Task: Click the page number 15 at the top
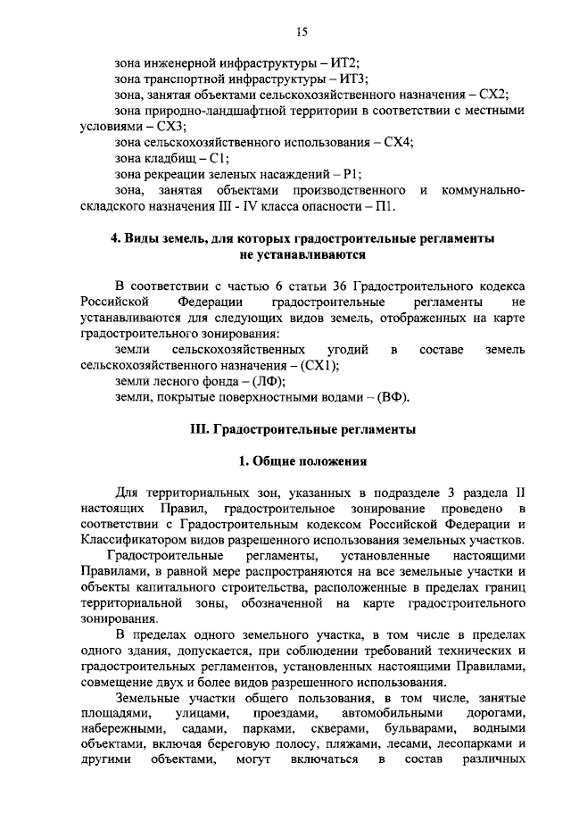click(x=301, y=32)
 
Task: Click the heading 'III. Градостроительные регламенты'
click(x=304, y=429)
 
